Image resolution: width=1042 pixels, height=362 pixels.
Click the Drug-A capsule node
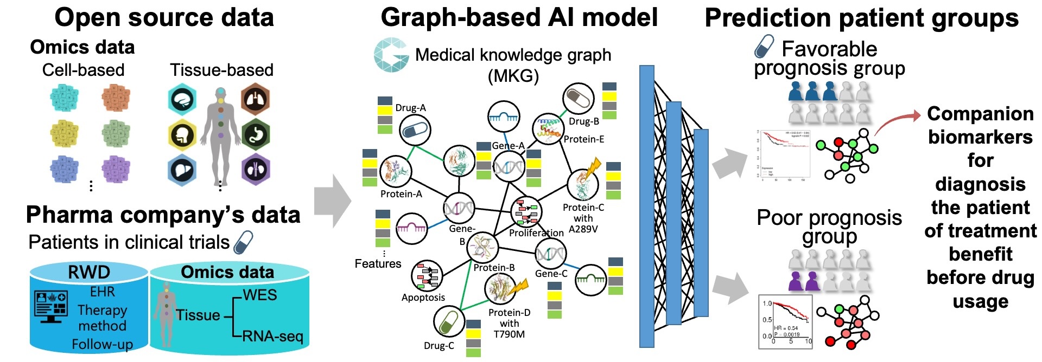(x=415, y=130)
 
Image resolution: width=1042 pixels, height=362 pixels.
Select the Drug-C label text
(x=439, y=346)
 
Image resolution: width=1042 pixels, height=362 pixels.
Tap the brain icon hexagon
(x=182, y=99)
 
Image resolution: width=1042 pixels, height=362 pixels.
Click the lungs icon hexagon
(x=255, y=99)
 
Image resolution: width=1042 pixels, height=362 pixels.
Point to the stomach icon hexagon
(x=255, y=134)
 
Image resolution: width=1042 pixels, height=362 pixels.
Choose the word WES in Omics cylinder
(x=260, y=295)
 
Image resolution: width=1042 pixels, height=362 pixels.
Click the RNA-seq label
(x=272, y=337)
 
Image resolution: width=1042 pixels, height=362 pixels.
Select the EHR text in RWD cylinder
(x=102, y=292)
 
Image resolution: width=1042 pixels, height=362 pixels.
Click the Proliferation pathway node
(x=526, y=212)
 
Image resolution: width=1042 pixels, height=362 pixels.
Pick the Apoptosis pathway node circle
(x=427, y=276)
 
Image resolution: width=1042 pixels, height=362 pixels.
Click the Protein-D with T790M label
(x=509, y=324)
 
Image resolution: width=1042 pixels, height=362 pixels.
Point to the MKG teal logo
(x=391, y=55)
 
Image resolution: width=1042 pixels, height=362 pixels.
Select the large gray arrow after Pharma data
(x=332, y=201)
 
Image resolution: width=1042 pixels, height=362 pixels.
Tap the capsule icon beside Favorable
(x=765, y=47)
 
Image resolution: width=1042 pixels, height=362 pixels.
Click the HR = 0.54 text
(x=786, y=328)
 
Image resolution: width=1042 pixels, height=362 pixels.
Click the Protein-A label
(x=401, y=194)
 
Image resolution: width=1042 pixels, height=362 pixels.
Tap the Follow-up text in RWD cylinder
(x=102, y=344)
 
